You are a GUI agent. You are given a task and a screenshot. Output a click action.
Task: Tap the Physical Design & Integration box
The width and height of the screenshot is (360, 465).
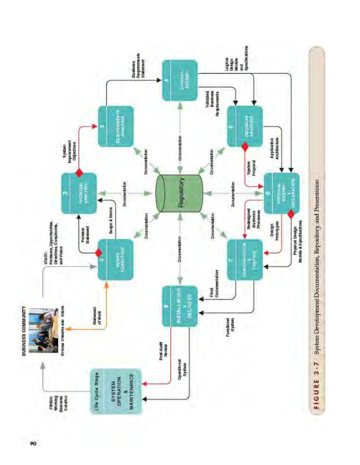click(x=282, y=192)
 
